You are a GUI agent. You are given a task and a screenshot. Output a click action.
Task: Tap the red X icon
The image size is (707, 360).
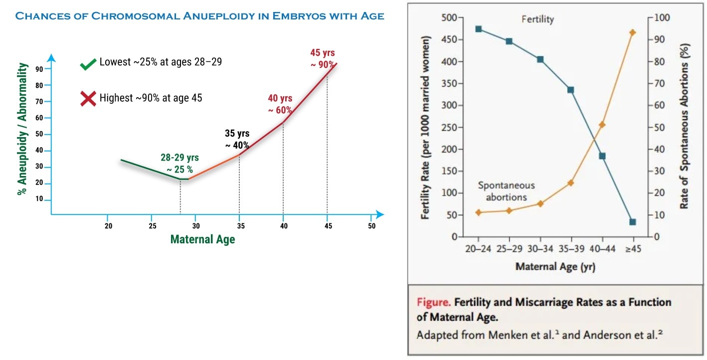click(88, 98)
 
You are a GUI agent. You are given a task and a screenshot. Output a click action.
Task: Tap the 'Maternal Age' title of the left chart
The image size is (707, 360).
click(202, 239)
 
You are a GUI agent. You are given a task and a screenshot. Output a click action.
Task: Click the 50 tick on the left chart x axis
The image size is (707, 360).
click(371, 226)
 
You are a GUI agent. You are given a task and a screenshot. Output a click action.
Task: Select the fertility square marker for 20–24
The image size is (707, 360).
click(478, 29)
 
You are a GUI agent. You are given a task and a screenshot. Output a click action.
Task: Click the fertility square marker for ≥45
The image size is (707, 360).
click(633, 222)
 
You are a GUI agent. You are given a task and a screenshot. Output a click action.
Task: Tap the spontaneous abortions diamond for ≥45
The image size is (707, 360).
click(633, 32)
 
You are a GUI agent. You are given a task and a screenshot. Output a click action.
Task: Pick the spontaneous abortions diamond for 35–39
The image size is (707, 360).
click(571, 182)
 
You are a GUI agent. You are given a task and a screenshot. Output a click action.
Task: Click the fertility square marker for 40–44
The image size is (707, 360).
click(602, 156)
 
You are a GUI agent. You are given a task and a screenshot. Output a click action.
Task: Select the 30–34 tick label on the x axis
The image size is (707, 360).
click(540, 249)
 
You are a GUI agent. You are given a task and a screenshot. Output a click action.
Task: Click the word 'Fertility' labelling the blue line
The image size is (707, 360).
click(537, 20)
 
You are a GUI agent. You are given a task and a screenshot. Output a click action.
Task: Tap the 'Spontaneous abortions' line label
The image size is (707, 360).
click(506, 191)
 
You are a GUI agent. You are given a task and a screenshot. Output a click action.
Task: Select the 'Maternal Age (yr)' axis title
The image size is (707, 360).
click(555, 266)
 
